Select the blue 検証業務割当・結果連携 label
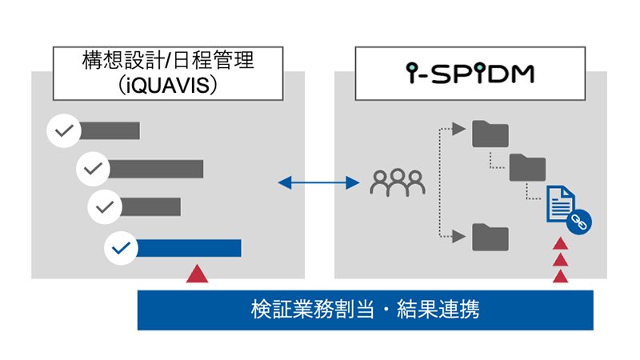(365, 310)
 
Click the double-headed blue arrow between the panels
(318, 184)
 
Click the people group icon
(397, 185)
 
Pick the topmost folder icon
(490, 134)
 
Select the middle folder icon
(527, 167)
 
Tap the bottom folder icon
(490, 236)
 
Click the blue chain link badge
(578, 223)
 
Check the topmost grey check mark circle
(63, 130)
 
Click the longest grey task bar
(157, 169)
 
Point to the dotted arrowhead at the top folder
(459, 127)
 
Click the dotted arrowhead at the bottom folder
(459, 235)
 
